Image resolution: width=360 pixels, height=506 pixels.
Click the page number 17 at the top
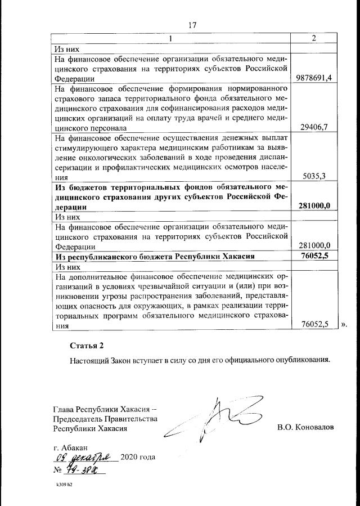pyautogui.click(x=192, y=25)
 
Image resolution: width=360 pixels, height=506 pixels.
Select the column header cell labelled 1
pyautogui.click(x=170, y=38)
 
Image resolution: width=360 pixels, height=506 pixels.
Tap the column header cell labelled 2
pyautogui.click(x=314, y=38)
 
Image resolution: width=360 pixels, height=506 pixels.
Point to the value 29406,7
pyautogui.click(x=315, y=127)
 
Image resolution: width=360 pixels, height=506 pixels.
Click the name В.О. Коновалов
pyautogui.click(x=305, y=427)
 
